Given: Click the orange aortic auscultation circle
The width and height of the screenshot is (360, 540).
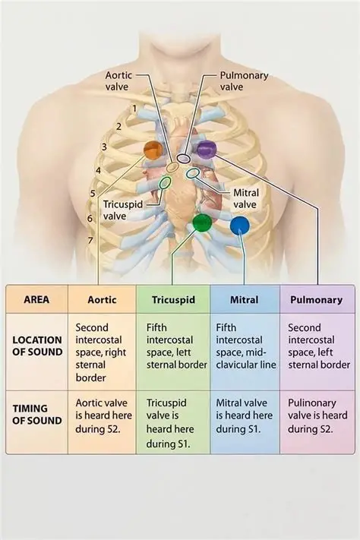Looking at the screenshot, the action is pyautogui.click(x=153, y=150).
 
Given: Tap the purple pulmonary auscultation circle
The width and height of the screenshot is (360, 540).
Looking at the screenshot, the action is pyautogui.click(x=207, y=150).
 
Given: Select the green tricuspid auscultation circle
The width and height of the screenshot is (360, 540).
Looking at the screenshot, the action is pyautogui.click(x=202, y=223).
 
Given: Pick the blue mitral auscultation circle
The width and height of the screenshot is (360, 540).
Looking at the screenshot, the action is pyautogui.click(x=240, y=226).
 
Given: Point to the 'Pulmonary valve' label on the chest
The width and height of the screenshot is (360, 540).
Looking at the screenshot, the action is pyautogui.click(x=244, y=81).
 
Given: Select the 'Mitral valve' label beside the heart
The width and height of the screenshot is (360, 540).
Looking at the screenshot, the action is pyautogui.click(x=245, y=199).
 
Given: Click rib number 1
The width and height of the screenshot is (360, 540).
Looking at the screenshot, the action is pyautogui.click(x=134, y=109).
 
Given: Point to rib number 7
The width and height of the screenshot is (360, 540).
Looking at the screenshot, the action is pyautogui.click(x=90, y=241).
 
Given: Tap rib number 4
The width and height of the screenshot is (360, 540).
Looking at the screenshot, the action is pyautogui.click(x=98, y=170).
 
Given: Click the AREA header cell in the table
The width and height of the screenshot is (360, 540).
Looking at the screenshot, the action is pyautogui.click(x=36, y=299).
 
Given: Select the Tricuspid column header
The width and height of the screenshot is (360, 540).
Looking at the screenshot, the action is pyautogui.click(x=173, y=299).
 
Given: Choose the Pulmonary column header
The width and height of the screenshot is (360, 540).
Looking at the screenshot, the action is pyautogui.click(x=316, y=299).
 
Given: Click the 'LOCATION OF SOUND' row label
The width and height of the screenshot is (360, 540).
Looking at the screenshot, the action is pyautogui.click(x=37, y=346).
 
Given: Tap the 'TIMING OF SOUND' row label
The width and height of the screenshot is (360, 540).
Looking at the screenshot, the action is pyautogui.click(x=37, y=414).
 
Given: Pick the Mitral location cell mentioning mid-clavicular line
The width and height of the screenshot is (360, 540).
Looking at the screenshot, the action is pyautogui.click(x=245, y=346).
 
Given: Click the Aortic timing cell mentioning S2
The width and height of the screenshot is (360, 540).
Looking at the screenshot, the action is pyautogui.click(x=103, y=415).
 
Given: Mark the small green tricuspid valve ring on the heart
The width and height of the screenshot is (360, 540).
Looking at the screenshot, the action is pyautogui.click(x=165, y=183).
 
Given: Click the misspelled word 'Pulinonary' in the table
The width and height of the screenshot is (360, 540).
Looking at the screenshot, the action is pyautogui.click(x=311, y=403).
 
